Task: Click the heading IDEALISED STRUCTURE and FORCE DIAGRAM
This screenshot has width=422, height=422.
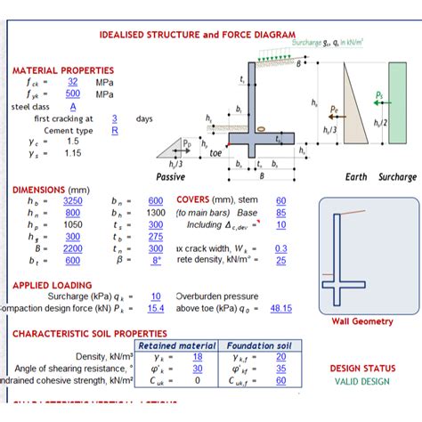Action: [x=197, y=35]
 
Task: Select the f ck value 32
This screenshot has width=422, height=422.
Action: [x=73, y=81]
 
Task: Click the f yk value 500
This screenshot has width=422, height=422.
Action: [x=73, y=93]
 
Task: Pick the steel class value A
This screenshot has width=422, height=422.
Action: [x=73, y=106]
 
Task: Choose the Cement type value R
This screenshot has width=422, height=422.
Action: [x=115, y=130]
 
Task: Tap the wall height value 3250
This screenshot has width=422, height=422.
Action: [x=72, y=201]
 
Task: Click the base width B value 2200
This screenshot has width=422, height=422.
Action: [x=72, y=248]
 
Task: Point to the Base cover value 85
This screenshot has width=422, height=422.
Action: [x=281, y=213]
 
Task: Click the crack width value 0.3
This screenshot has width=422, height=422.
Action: [x=281, y=248]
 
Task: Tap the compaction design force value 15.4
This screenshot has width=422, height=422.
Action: [x=156, y=308]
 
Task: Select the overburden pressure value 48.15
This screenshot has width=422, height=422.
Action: [x=281, y=308]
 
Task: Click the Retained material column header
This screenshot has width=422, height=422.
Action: [x=178, y=345]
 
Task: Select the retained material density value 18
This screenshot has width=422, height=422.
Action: [x=198, y=356]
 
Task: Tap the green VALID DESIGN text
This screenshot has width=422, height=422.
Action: [x=362, y=381]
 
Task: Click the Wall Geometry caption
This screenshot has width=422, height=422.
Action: [x=362, y=321]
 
